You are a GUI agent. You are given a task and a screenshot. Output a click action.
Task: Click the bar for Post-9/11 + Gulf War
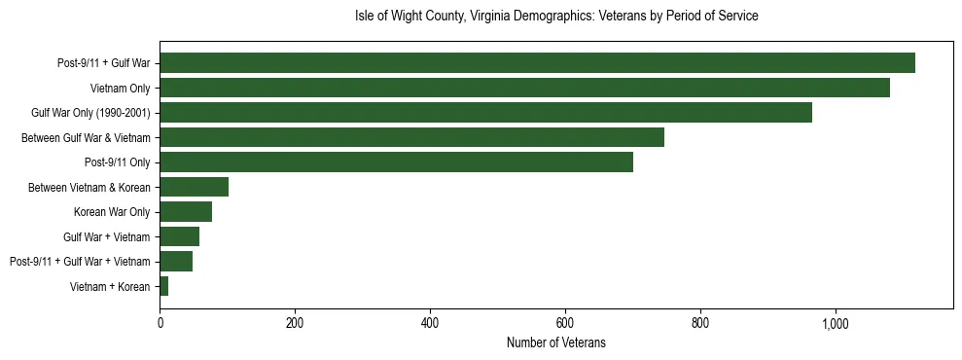[x=537, y=63]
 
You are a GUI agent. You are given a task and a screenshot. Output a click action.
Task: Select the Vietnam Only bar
[x=524, y=88]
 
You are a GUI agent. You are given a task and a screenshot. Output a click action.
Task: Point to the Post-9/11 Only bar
[x=396, y=162]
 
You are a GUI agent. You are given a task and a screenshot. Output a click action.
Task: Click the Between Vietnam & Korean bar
[x=194, y=187]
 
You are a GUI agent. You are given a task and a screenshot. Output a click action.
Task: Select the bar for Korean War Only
[x=186, y=212]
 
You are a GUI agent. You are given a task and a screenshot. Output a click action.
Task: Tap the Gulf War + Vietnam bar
[x=179, y=236]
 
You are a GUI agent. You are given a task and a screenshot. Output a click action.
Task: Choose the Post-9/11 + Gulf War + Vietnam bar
[x=176, y=262]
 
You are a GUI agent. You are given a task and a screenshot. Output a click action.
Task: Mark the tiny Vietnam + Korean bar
[x=164, y=286]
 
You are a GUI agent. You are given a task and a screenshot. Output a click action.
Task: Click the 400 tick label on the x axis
[x=430, y=324]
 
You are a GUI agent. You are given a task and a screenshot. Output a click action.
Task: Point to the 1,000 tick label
[x=836, y=324]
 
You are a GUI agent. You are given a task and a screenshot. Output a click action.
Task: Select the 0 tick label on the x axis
[x=160, y=324]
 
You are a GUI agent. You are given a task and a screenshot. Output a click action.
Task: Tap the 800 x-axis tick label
[x=700, y=324]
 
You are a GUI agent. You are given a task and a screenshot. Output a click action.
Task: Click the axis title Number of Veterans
[x=555, y=343]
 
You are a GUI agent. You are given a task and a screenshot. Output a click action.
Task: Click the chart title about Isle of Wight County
[x=555, y=17]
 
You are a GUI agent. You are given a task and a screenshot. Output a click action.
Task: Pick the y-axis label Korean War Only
[x=112, y=212]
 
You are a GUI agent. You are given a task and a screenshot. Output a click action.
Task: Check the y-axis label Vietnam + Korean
[x=110, y=287]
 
